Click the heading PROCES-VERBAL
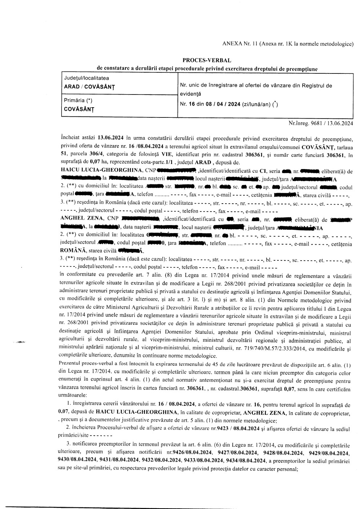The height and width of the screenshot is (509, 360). pyautogui.click(x=207, y=60)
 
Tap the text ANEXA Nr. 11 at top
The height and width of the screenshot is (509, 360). pyautogui.click(x=240, y=44)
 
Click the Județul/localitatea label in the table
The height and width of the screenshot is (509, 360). pyautogui.click(x=87, y=78)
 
